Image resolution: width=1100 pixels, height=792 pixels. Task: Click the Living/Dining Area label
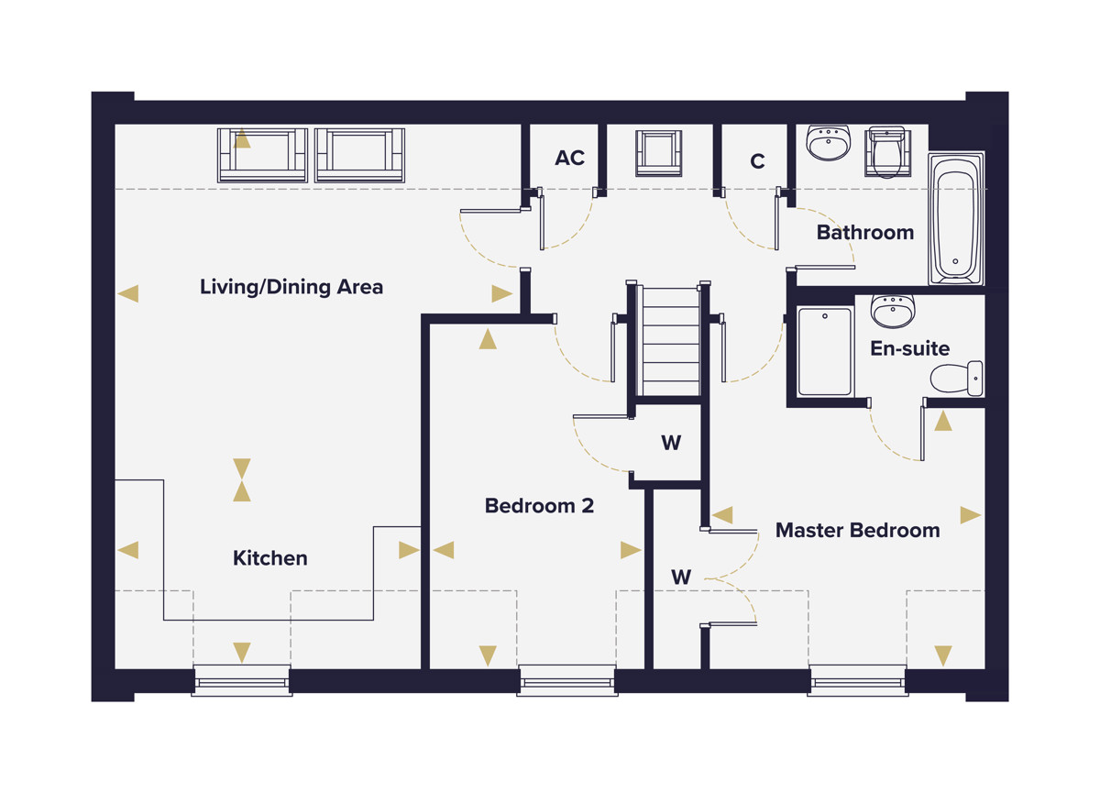(291, 287)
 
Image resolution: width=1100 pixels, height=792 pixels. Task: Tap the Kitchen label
(270, 558)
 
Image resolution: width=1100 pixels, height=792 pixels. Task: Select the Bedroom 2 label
(539, 506)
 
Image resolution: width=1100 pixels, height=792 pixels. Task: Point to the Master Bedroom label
(857, 530)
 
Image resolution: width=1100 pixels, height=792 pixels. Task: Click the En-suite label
(910, 348)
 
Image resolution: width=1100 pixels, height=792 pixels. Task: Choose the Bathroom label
(865, 233)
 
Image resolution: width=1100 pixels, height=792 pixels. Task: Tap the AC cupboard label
(569, 158)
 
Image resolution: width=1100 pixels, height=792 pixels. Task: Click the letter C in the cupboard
(757, 161)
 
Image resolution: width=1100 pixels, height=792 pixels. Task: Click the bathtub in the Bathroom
(955, 218)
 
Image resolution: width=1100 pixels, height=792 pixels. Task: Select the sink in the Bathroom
(828, 142)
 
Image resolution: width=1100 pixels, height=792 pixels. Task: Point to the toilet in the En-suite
(957, 379)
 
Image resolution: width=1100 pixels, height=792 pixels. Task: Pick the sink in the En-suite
(893, 312)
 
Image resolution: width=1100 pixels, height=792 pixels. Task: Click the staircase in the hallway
(668, 340)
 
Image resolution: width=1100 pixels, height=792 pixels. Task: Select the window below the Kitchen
(242, 680)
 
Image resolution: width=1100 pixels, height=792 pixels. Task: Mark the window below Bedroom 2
(567, 680)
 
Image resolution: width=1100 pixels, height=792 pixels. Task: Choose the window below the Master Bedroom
(857, 680)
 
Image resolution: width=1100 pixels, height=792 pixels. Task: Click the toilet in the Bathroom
(887, 152)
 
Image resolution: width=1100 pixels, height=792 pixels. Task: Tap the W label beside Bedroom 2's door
(671, 443)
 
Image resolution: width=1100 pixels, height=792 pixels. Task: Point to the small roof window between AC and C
(658, 153)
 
